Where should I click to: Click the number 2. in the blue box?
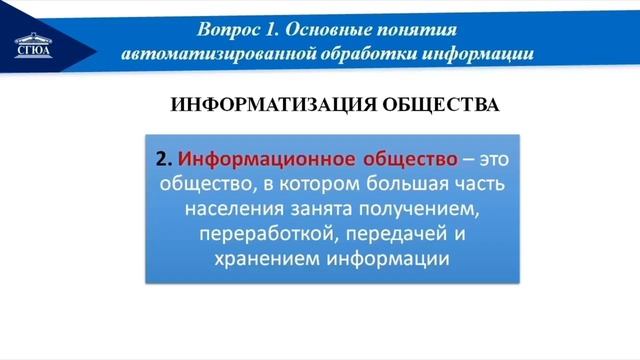[x=165, y=159]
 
